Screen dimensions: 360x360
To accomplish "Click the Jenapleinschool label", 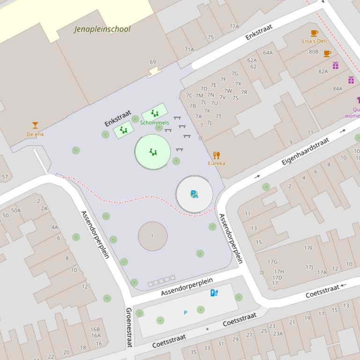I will pos(103,29).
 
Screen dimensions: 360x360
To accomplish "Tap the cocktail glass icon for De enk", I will pos(35,125).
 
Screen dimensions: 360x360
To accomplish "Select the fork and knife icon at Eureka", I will pos(216,155).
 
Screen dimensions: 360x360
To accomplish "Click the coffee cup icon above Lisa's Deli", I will pos(314,33).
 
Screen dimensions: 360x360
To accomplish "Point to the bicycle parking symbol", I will pos(194,194).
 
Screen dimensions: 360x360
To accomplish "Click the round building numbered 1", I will pos(153,236).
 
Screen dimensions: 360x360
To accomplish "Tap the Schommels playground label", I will pos(154,122).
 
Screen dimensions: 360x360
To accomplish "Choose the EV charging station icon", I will pos(214,293).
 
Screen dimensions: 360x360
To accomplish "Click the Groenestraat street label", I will pos(129,327).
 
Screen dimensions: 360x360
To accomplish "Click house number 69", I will pos(153,62).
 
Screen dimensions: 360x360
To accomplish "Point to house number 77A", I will pos(234,27).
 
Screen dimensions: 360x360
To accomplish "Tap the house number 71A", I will pos(189,50).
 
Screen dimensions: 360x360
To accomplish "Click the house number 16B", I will pos(96,330).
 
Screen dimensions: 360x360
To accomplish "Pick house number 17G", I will pos(272,262).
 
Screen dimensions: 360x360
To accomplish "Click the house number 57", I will pos(5,177).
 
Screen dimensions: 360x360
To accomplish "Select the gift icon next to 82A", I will pos(336,65).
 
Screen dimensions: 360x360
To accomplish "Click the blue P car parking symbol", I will pos(185,313).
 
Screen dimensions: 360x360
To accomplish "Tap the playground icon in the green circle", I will pos(153,152).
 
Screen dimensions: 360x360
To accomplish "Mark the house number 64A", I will pos(268,53).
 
